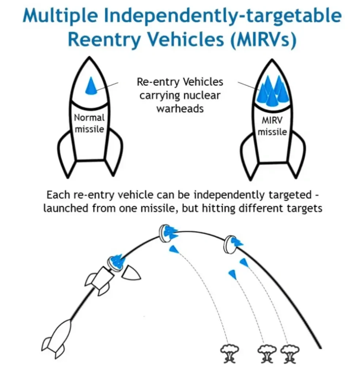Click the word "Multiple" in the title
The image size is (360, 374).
click(x=60, y=16)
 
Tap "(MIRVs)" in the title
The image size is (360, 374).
click(x=263, y=40)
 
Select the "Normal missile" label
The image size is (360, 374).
click(x=89, y=123)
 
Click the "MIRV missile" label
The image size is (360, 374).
click(x=272, y=126)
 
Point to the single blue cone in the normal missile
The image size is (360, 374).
click(x=91, y=86)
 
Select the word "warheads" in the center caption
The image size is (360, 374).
click(x=180, y=109)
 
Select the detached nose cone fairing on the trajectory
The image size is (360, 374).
click(x=131, y=272)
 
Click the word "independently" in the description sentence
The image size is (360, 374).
click(x=229, y=195)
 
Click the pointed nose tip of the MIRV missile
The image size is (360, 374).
click(x=272, y=60)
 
